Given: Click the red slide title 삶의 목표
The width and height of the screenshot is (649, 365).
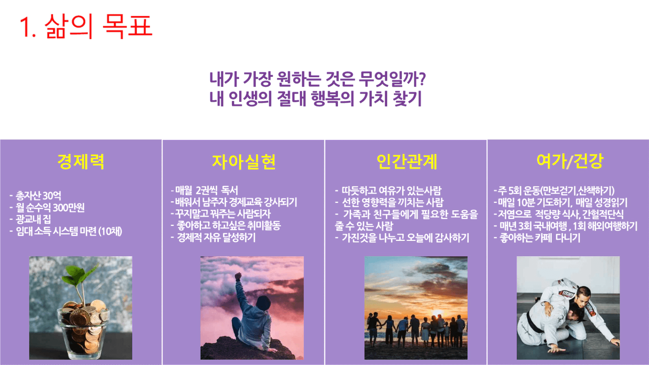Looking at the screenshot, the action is point(98,26).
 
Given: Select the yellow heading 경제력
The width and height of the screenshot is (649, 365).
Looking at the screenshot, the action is point(81,161).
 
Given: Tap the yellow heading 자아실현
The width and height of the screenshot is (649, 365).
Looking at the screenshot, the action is point(244,162).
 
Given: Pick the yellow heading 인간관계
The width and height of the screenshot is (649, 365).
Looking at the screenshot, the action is point(407,161).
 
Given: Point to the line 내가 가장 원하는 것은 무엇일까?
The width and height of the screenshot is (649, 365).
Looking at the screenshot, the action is point(318,79).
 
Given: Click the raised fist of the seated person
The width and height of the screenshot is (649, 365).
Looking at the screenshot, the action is point(238,276).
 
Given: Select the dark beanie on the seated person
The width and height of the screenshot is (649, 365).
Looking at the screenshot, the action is point(263,303).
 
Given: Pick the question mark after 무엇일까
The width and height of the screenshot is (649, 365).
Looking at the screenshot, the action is point(422,79).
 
